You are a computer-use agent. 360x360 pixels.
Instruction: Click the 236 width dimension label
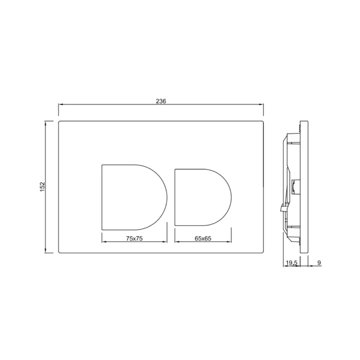(161, 101)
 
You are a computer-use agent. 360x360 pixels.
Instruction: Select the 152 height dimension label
(42, 187)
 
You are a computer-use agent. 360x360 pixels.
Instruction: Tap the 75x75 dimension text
(134, 238)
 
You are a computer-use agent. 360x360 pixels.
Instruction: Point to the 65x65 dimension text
(203, 238)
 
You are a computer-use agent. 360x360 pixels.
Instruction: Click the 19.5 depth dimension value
(291, 263)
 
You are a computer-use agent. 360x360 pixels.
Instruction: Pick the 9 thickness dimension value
(319, 263)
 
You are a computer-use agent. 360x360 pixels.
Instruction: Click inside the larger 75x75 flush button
(132, 197)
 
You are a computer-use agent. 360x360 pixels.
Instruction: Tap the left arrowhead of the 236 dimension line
(60, 105)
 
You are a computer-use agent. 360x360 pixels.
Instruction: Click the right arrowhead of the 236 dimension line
(262, 105)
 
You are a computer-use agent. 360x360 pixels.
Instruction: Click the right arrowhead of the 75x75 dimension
(165, 242)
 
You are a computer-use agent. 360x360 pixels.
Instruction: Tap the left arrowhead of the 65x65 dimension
(177, 242)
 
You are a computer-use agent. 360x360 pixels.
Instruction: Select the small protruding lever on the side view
(282, 208)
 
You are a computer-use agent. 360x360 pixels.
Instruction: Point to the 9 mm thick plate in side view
(304, 187)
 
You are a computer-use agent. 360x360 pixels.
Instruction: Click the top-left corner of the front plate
(59, 121)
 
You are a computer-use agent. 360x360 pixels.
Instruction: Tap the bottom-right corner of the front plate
(263, 252)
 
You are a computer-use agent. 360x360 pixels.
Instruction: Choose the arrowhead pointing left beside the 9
(310, 266)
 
